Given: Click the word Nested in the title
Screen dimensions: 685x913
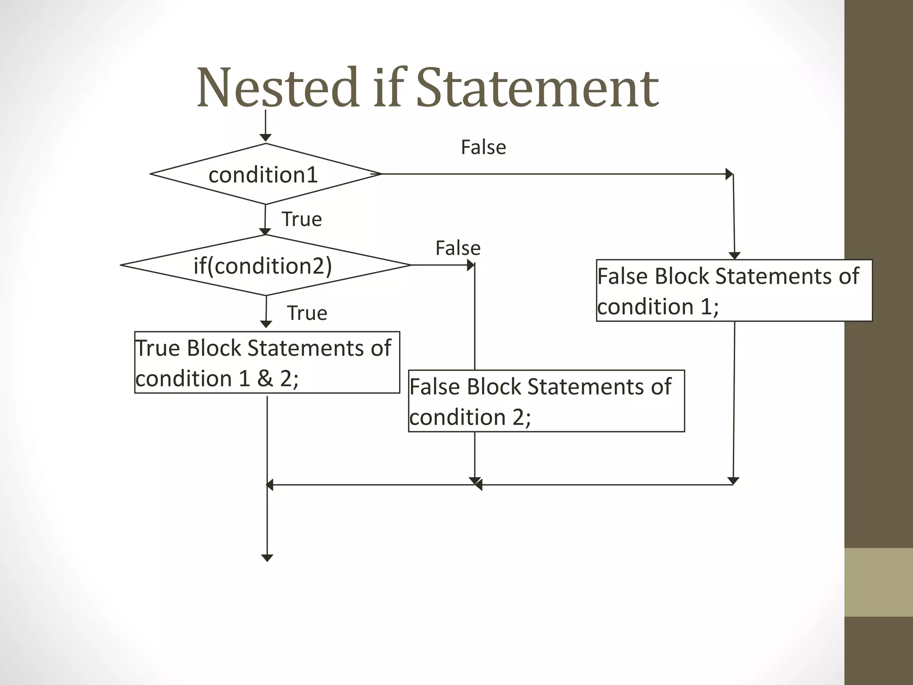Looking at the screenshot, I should coord(278,88).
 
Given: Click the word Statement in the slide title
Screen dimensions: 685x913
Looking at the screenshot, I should coord(537,88).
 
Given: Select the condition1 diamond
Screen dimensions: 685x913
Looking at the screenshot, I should coord(265,174).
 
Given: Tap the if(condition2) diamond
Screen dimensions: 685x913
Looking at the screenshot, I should coord(265,265).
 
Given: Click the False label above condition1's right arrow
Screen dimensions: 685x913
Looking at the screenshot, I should coord(483,147).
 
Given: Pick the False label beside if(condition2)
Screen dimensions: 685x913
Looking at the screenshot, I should coord(458,248).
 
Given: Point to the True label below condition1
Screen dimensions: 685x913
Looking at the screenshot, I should coord(301,219).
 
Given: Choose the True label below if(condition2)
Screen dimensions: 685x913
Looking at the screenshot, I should coord(307,313).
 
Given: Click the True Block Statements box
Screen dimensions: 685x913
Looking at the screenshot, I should coord(267,362).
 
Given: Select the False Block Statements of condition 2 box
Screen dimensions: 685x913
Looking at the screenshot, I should coord(546,401).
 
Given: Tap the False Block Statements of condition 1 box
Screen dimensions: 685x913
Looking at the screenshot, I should coord(734,290).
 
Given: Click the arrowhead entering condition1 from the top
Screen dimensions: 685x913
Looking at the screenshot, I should coord(266,137).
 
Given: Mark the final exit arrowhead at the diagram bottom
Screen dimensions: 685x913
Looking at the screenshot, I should coord(267,558).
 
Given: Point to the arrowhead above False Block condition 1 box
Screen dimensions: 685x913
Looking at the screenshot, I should coord(735,256).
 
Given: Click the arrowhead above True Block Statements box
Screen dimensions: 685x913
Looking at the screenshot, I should coord(266,324).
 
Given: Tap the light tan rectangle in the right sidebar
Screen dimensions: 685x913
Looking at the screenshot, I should coord(878,582).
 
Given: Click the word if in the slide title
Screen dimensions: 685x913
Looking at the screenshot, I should coord(390,88).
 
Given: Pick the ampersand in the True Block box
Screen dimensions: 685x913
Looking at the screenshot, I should coord(264,378).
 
